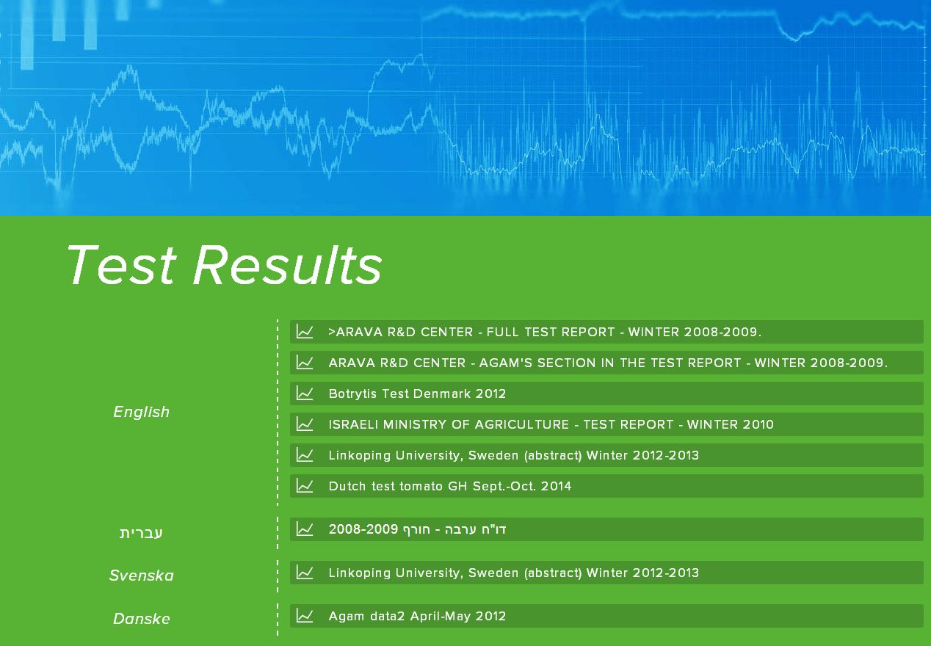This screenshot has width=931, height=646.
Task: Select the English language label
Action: [141, 412]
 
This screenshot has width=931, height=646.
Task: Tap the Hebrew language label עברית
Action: [141, 533]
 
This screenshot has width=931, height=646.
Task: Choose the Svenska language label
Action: [141, 576]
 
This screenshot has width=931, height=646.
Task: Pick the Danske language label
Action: [141, 619]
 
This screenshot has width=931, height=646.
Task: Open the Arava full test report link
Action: [545, 332]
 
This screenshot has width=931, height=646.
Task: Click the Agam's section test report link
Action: [608, 363]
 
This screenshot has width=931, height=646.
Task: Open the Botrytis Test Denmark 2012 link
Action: [417, 393]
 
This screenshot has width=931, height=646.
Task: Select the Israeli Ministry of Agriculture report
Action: [551, 424]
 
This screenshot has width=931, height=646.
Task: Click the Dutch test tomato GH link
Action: [449, 486]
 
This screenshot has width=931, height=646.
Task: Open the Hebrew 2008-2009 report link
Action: [417, 529]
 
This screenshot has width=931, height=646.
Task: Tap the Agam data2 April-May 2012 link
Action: [417, 616]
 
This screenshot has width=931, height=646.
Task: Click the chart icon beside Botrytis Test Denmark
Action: [304, 393]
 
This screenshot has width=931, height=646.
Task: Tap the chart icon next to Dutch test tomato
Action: [304, 485]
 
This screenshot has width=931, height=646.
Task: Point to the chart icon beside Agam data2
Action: [304, 615]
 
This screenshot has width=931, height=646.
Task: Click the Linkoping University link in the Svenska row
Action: [514, 573]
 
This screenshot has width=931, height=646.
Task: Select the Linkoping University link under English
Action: [514, 455]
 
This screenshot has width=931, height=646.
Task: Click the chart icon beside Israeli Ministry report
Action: [304, 424]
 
